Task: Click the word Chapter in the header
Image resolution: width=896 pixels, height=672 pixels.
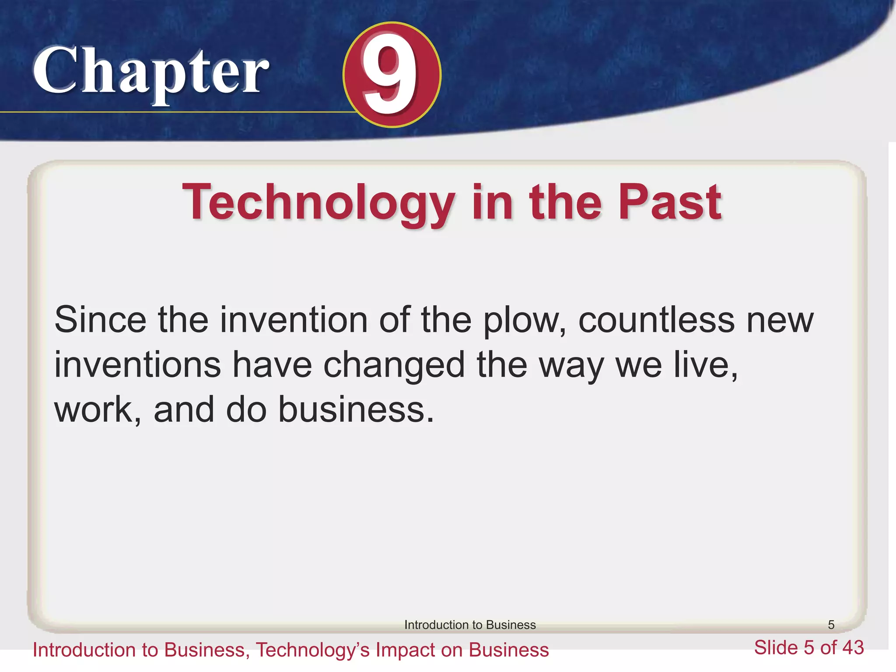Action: [151, 72]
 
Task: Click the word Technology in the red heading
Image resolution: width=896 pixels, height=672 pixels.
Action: [318, 203]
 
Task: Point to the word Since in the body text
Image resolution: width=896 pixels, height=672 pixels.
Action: [100, 320]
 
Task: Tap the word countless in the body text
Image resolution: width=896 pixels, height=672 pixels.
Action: [656, 320]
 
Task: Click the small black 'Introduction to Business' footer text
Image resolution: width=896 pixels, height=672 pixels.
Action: [470, 625]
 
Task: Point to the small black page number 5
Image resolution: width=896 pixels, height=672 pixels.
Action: [831, 625]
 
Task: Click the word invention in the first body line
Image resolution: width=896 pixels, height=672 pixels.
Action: [294, 320]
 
